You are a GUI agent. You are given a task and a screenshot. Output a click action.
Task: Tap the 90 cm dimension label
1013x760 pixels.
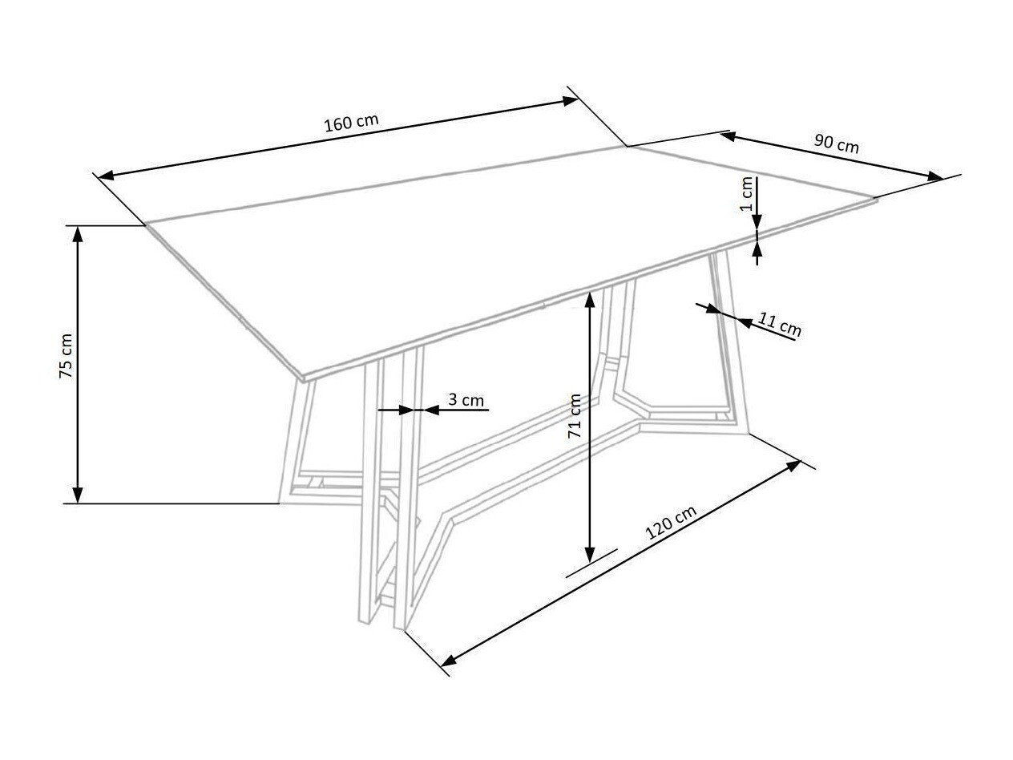tap(837, 144)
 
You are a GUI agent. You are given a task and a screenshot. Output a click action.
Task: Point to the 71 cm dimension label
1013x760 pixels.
tap(575, 416)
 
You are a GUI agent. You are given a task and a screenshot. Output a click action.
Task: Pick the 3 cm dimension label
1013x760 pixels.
tap(466, 399)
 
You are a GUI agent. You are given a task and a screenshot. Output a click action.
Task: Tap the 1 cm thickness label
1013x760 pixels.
tap(747, 194)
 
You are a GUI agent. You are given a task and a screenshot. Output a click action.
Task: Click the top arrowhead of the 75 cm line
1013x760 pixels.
tap(78, 233)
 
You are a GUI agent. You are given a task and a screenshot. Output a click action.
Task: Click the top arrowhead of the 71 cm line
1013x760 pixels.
tap(590, 300)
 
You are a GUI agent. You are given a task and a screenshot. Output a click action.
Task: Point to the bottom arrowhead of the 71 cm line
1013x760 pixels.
tap(590, 554)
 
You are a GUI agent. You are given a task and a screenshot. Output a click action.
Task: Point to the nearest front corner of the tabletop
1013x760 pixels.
tap(302, 377)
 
